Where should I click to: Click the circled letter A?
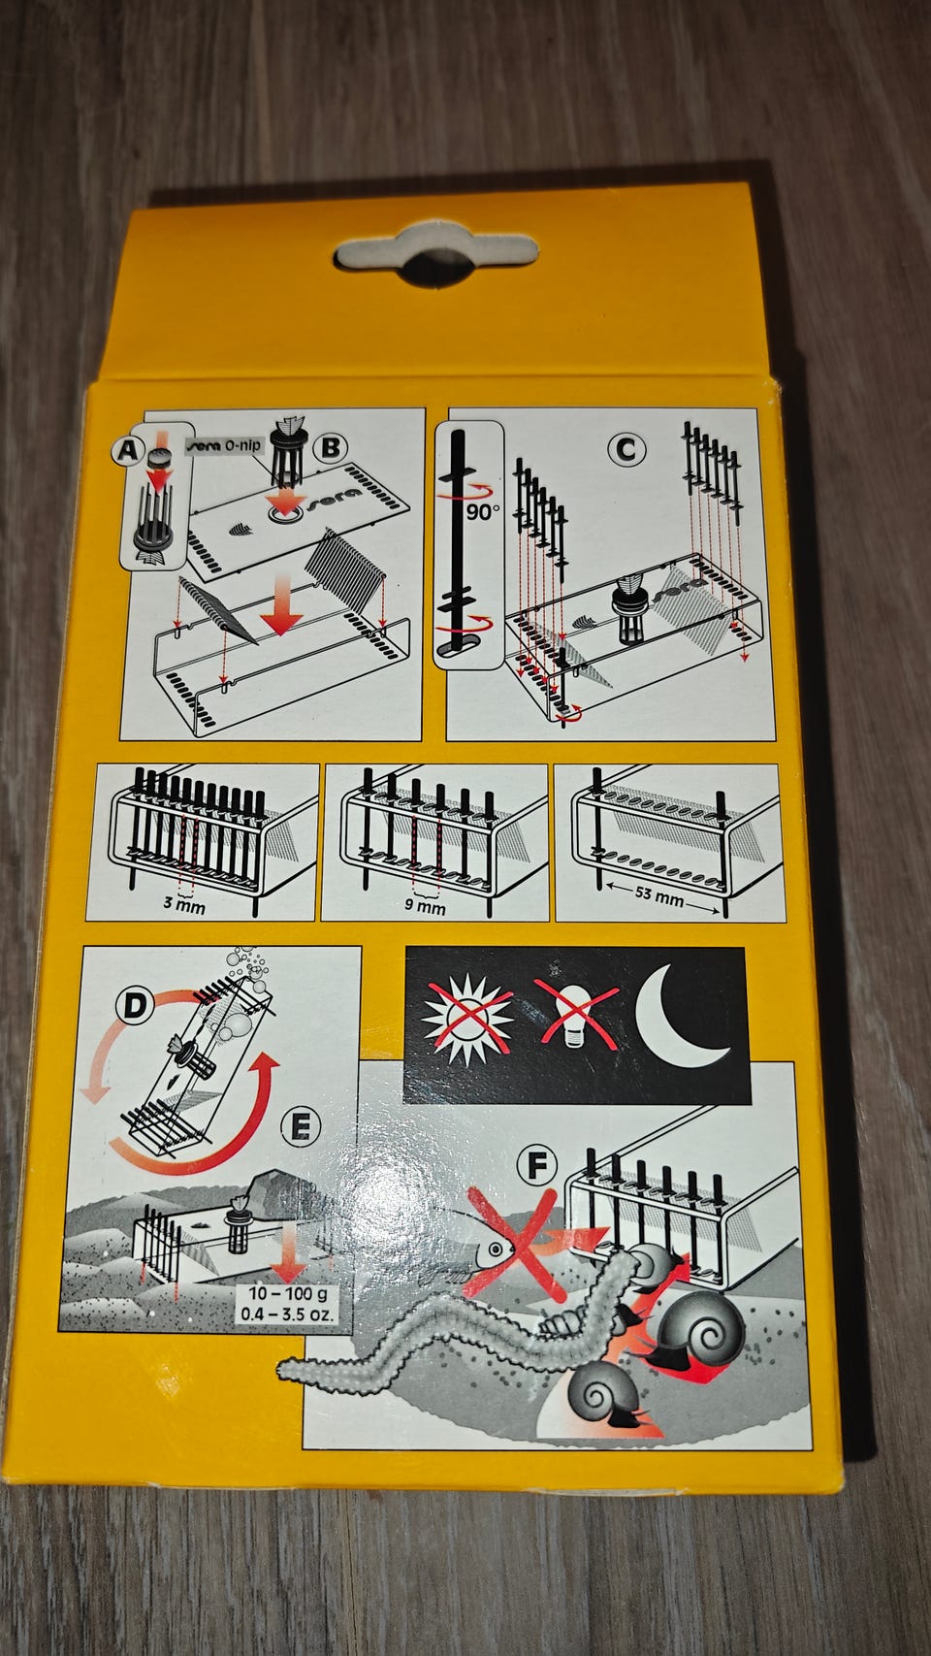coord(128,450)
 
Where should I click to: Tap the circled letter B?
coord(330,447)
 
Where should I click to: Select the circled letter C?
coord(626,449)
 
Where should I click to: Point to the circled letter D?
coord(134,1006)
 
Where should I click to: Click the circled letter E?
coord(301,1129)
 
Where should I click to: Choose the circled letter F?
coord(536,1166)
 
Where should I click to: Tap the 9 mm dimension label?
coord(425,906)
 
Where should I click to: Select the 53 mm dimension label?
coord(659,895)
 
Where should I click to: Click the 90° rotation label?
coord(483,511)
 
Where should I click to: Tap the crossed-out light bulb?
coord(576,1014)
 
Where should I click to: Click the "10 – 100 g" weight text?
coord(287,1293)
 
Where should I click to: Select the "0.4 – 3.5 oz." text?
coord(287,1315)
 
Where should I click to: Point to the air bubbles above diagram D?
coord(246,968)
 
